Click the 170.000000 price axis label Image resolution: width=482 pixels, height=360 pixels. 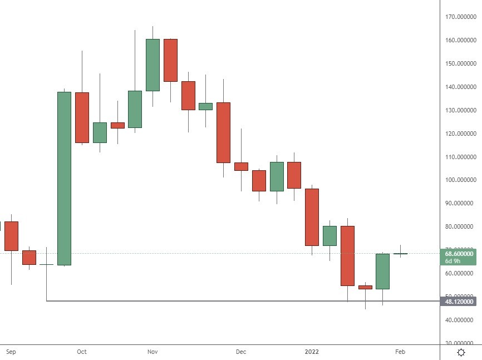(460, 17)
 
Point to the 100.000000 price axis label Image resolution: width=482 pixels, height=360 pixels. (460, 180)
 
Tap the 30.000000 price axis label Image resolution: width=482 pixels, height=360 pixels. (460, 343)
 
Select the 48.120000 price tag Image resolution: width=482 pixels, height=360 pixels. (460, 302)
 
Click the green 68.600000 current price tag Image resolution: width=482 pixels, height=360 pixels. (460, 253)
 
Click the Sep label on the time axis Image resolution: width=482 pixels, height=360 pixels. (11, 352)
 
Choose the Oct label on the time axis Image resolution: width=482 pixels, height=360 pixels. (82, 352)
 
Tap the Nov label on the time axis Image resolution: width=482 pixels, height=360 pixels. (153, 352)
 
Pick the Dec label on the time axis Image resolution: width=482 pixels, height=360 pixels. (240, 352)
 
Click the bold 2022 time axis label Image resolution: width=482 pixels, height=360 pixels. (311, 352)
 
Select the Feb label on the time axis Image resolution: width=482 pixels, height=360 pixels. (400, 352)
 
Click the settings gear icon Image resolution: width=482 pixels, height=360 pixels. (461, 352)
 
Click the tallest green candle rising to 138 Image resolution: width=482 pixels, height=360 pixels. (64, 178)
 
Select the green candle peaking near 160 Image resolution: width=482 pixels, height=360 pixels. (153, 65)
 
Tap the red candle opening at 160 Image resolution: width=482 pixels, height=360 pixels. (170, 60)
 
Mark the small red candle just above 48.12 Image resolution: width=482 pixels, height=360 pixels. (365, 287)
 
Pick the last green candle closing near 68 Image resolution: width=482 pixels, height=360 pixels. (382, 271)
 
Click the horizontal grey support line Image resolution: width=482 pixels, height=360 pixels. (223, 301)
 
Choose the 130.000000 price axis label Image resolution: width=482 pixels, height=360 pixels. (460, 110)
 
